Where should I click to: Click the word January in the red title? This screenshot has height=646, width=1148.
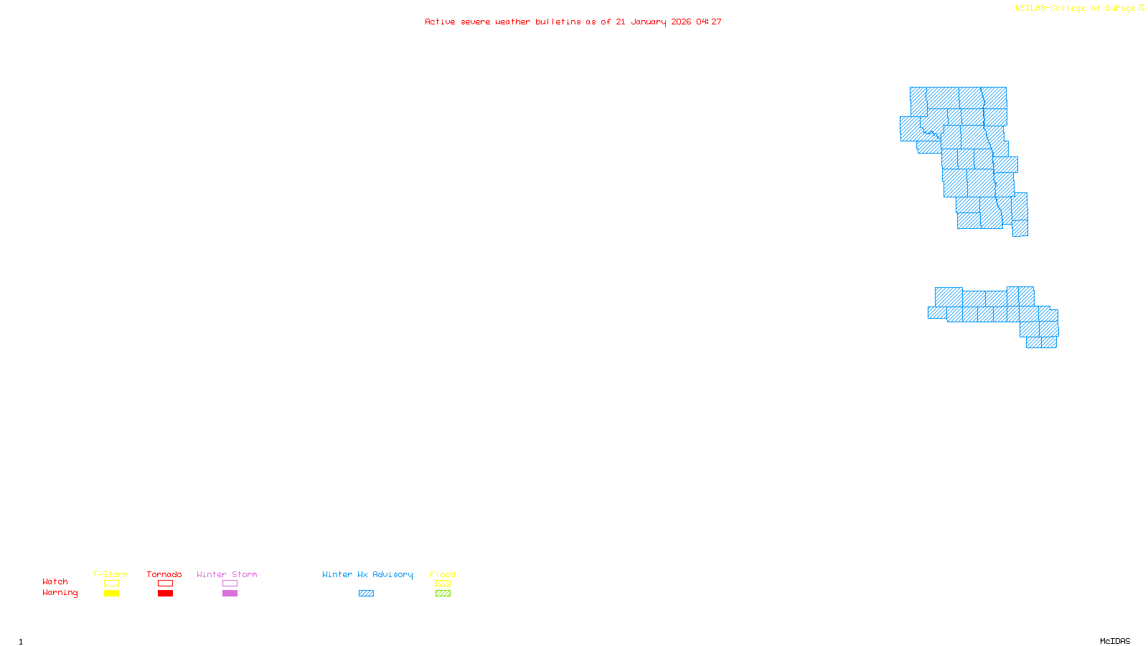(649, 22)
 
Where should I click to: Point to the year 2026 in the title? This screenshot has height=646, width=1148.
(681, 22)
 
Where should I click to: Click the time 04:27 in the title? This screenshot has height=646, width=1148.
(709, 22)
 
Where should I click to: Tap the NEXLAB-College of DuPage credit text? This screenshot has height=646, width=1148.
(1075, 9)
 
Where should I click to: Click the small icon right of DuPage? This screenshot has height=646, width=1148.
(1142, 8)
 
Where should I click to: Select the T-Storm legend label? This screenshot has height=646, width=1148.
(110, 574)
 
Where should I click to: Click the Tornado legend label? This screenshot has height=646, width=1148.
(164, 574)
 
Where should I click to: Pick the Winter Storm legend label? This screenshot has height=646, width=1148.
(227, 574)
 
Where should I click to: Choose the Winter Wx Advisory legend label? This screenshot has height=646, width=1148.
(367, 574)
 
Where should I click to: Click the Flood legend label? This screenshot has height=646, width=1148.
(443, 574)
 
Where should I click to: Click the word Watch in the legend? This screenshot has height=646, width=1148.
(55, 581)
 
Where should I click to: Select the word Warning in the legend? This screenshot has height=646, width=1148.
(60, 593)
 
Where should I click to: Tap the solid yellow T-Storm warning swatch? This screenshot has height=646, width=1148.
(111, 594)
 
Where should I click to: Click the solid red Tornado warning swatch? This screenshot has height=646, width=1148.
(166, 594)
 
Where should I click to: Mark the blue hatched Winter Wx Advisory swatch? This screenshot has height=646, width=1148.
(367, 594)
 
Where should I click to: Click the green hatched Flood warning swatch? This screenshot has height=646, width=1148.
(443, 594)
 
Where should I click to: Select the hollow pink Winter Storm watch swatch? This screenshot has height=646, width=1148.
(230, 584)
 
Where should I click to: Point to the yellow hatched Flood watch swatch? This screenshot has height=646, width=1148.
(443, 584)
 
